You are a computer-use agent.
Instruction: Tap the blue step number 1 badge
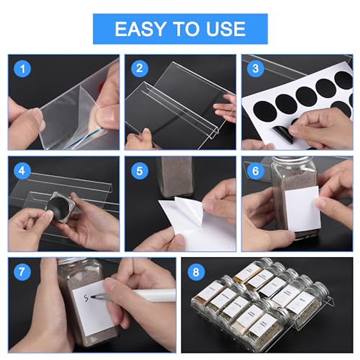(22, 69)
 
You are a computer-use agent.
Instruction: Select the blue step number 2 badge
(139, 68)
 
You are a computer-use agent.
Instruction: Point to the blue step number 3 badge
(255, 68)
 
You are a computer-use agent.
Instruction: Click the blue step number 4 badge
(22, 171)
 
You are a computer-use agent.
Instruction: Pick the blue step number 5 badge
(139, 171)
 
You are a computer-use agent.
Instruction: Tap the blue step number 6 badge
(255, 171)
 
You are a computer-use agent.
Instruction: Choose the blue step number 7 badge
(22, 272)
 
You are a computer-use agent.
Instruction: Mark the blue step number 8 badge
(196, 272)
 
